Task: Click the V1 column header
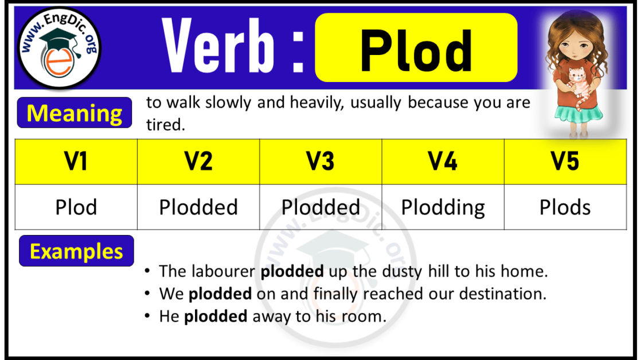click(76, 162)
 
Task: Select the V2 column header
click(198, 162)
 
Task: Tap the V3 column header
click(321, 162)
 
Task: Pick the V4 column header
click(443, 162)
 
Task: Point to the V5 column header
click(565, 162)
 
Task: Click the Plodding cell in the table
click(443, 207)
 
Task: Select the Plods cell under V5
click(565, 207)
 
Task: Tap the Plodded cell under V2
click(198, 207)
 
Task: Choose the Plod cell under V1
click(76, 207)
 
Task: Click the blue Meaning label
click(75, 113)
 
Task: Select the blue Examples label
click(76, 251)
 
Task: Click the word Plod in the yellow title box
click(416, 50)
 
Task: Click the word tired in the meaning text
click(165, 125)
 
